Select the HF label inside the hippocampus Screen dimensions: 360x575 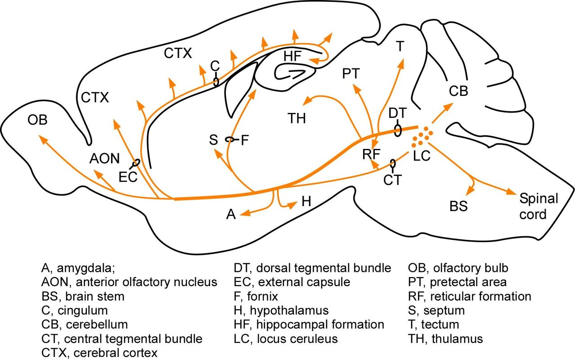(293, 57)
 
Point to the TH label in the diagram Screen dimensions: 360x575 (297, 119)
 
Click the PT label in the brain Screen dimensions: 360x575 (351, 74)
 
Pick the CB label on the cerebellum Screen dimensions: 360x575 (458, 91)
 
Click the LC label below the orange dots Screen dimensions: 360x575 (422, 156)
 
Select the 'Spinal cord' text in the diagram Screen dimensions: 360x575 (539, 206)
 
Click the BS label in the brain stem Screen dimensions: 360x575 (458, 207)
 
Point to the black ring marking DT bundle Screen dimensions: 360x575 (398, 130)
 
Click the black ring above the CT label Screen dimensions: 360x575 (393, 163)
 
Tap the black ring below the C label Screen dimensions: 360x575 (216, 81)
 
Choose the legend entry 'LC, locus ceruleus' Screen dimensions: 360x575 (285, 337)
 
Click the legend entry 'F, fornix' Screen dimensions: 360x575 (256, 297)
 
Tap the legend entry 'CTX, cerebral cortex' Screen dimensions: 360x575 (99, 352)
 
